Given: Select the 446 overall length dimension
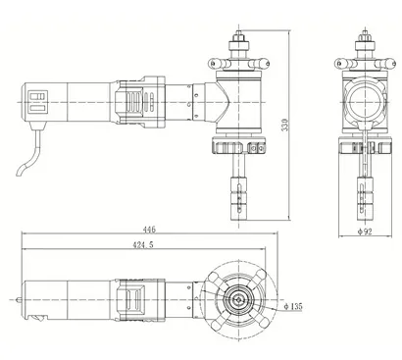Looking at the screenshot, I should click(x=149, y=230).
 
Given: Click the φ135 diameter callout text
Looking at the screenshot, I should click(x=290, y=307).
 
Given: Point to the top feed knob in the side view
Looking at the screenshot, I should click(x=237, y=45).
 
